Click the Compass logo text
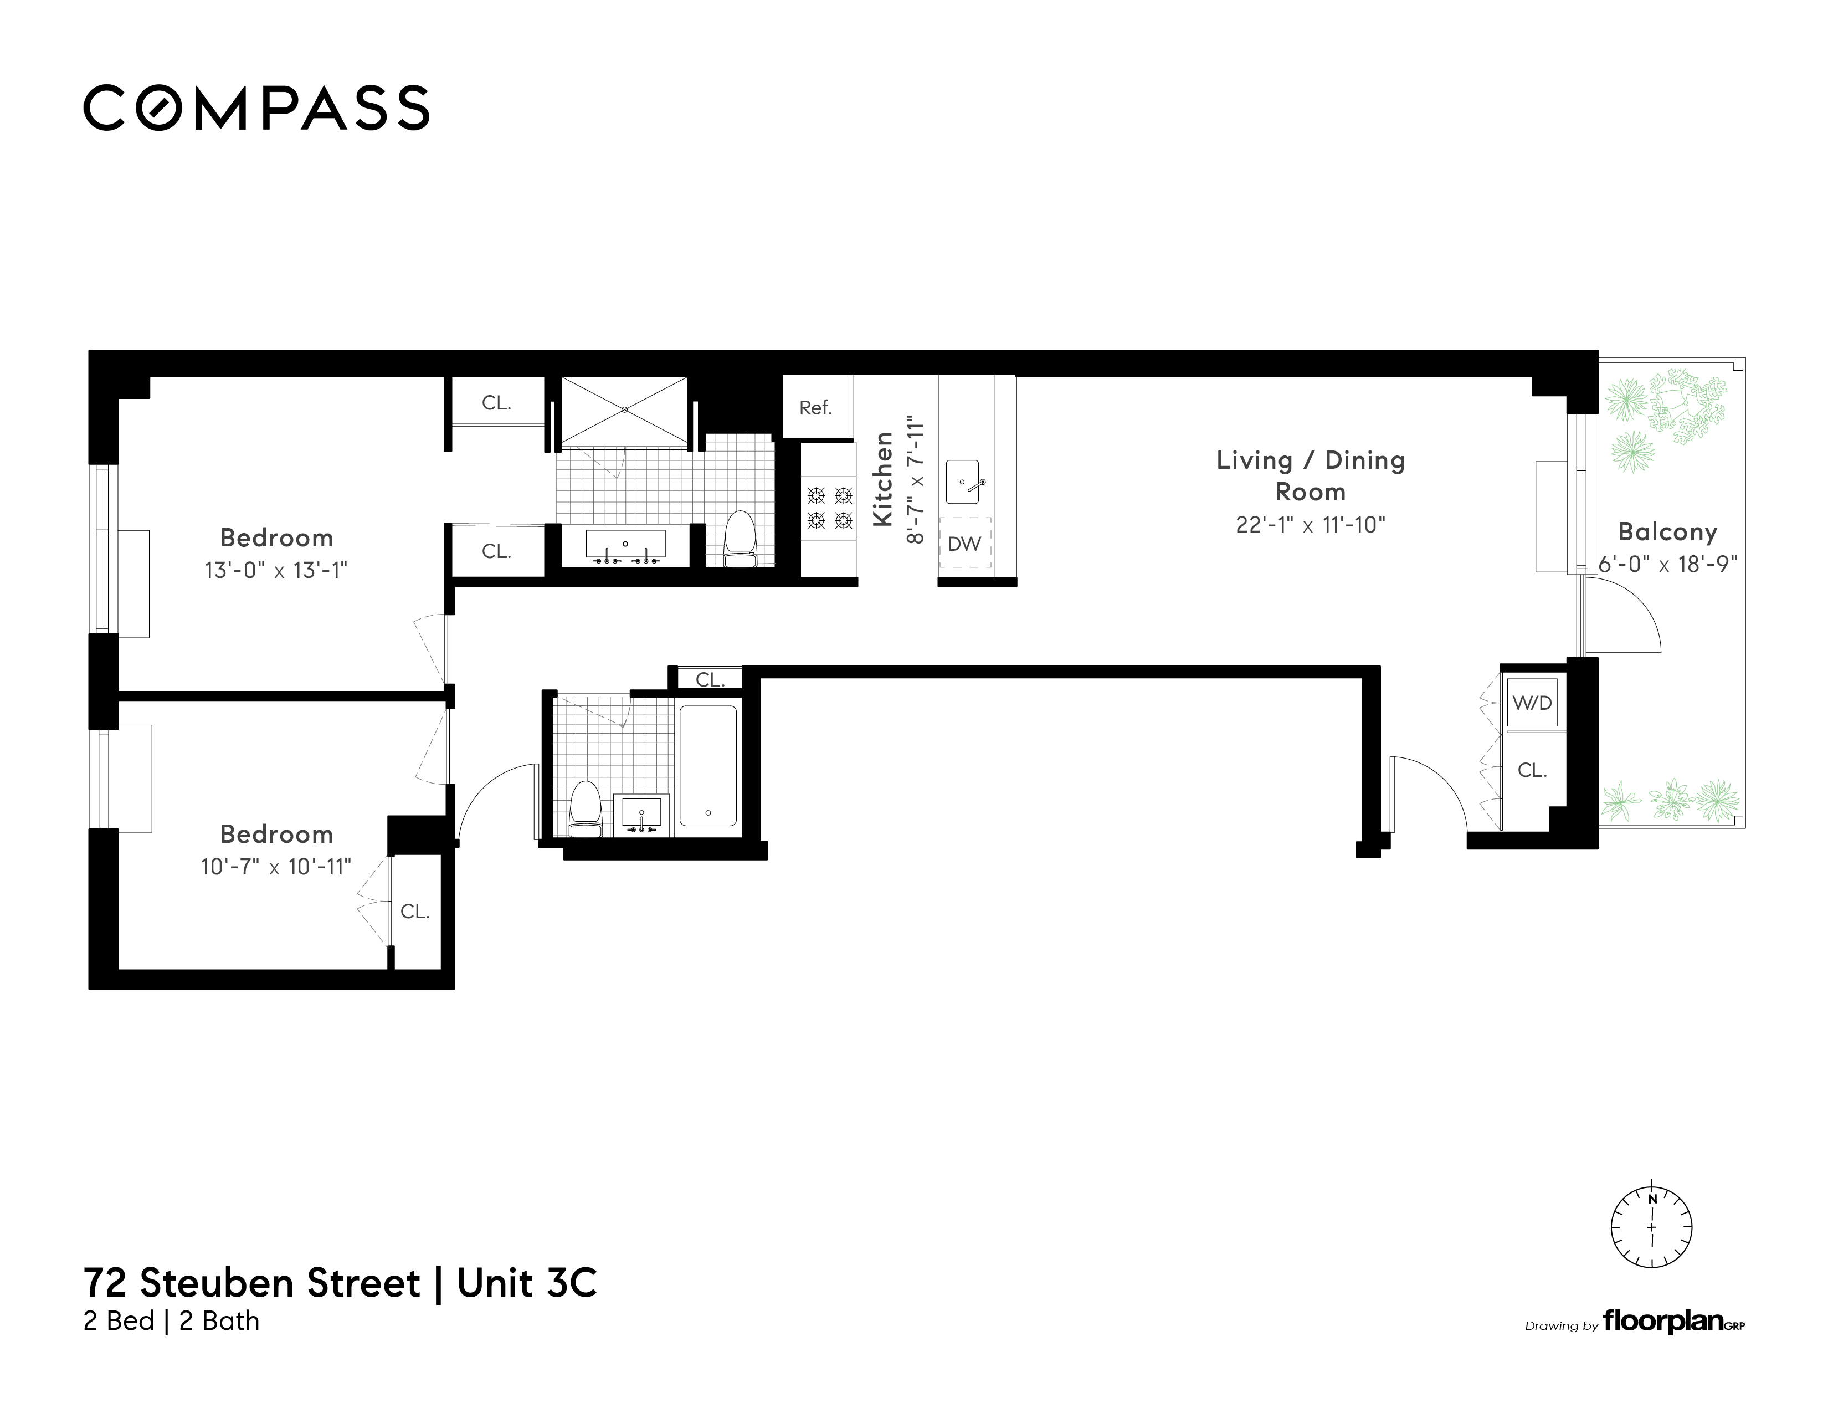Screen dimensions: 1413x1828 click(x=256, y=108)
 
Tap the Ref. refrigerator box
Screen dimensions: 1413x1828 click(x=815, y=408)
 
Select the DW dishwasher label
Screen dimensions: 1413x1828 click(x=964, y=544)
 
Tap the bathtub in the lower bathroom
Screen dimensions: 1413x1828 click(x=708, y=766)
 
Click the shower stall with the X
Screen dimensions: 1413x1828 click(x=624, y=409)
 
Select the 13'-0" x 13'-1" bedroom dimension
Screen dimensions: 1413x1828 click(x=276, y=570)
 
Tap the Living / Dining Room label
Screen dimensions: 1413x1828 click(x=1310, y=475)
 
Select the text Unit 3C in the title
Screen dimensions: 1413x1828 click(x=527, y=1283)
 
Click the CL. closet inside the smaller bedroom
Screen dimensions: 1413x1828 click(x=415, y=912)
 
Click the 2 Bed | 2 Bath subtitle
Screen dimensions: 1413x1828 click(x=172, y=1321)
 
